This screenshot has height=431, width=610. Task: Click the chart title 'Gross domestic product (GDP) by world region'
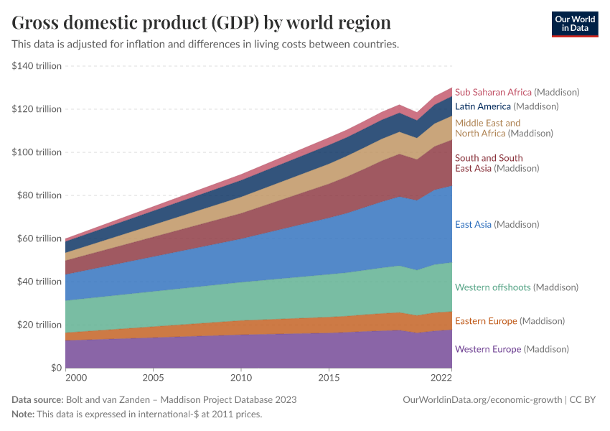[x=201, y=22]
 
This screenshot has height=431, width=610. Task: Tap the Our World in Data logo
[x=574, y=24]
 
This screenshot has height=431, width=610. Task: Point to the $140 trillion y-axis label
[x=37, y=66]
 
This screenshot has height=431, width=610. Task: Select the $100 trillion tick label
[x=37, y=152]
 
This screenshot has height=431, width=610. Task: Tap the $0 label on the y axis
[x=55, y=368]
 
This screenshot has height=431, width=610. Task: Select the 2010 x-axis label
[x=240, y=377]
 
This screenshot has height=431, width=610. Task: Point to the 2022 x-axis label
[x=441, y=377]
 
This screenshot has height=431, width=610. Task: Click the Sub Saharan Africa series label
[x=517, y=92]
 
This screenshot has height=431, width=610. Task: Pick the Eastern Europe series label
[x=510, y=320]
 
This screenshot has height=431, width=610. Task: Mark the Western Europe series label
[x=512, y=349]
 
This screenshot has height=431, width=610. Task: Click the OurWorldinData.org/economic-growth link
[x=482, y=399]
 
